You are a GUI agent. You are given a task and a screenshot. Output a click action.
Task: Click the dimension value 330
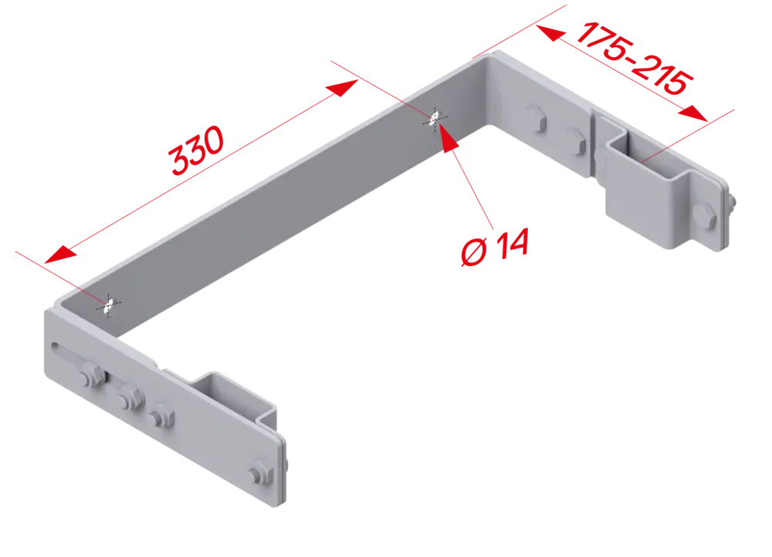tap(196, 150)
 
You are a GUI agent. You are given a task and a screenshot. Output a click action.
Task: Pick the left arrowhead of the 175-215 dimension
tap(550, 33)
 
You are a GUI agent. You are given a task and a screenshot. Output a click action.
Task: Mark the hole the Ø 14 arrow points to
tap(434, 119)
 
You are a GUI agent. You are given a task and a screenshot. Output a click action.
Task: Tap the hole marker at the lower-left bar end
tap(109, 306)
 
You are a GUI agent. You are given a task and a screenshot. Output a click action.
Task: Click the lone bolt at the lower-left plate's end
tap(259, 473)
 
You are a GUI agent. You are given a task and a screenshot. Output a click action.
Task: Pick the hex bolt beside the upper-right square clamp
tap(704, 216)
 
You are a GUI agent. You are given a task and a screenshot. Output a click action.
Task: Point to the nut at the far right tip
tap(731, 202)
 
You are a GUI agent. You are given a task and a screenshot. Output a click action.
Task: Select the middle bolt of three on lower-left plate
tap(130, 397)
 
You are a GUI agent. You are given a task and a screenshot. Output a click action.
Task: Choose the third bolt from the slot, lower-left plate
tap(161, 417)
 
